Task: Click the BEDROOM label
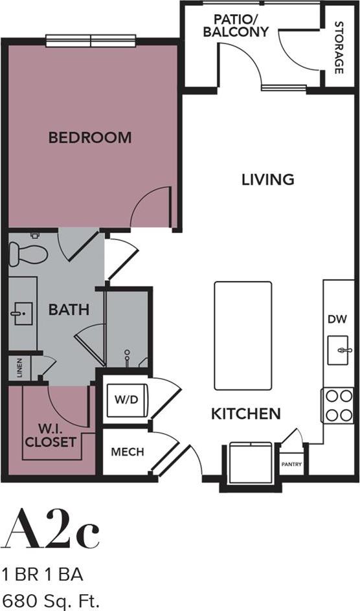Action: point(90,137)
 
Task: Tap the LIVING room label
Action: point(267,179)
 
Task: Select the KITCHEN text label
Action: point(245,414)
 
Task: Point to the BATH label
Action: point(69,310)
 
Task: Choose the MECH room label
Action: point(127,452)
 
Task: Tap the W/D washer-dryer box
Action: point(127,400)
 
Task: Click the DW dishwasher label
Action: point(337,318)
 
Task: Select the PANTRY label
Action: point(291,464)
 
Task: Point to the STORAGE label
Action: point(338,47)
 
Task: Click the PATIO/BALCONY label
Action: point(236,25)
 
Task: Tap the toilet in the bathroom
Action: point(27,252)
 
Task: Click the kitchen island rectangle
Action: point(243,335)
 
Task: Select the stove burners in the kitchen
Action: point(337,405)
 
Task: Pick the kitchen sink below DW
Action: point(340,350)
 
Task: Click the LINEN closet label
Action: point(19,369)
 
